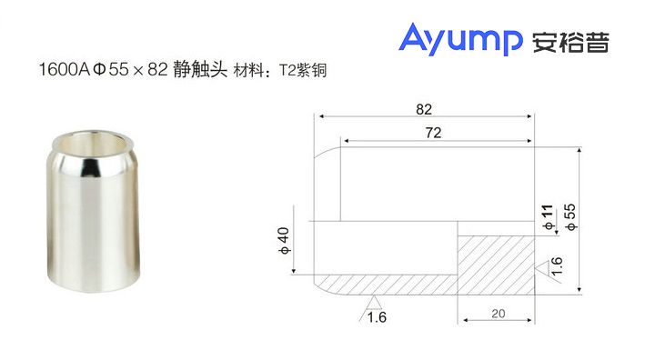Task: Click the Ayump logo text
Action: (460, 40)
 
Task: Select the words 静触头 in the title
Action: (198, 70)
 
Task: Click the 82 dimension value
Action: (423, 109)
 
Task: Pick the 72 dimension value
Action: (433, 133)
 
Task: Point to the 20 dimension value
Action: (497, 314)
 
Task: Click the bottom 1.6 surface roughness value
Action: (377, 316)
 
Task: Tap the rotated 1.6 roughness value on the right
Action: (558, 267)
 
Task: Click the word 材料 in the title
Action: (247, 70)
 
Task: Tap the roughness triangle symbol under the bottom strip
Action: (372, 300)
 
